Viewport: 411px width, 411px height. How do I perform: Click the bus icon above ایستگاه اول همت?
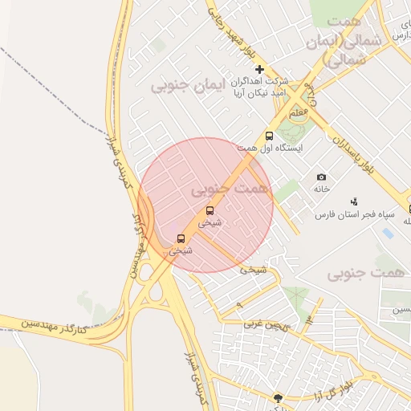[269, 136]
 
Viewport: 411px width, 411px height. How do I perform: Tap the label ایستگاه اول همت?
[269, 149]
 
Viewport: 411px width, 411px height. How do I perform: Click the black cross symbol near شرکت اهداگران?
[259, 70]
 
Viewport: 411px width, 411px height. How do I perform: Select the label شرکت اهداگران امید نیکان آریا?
[258, 87]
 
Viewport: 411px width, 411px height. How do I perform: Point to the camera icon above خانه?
[321, 177]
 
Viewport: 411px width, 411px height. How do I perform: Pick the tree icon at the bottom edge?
[278, 397]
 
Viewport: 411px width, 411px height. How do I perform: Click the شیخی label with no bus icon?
[252, 270]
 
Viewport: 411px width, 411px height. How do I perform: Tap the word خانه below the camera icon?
[321, 189]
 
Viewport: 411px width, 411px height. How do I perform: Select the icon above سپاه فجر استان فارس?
[354, 201]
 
